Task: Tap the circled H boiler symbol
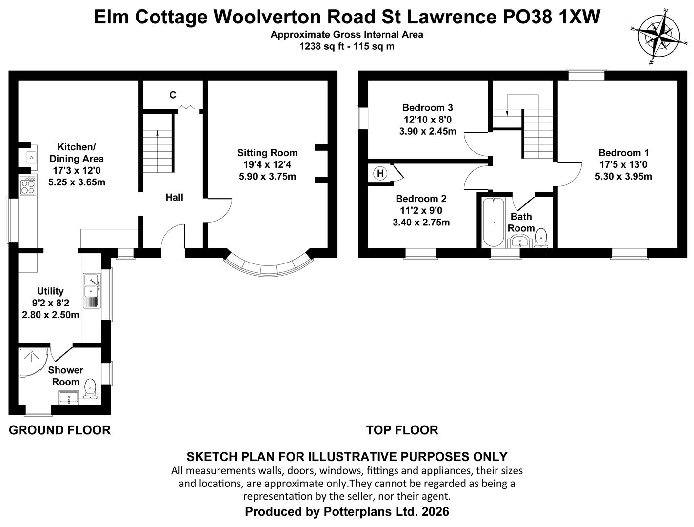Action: click(x=380, y=173)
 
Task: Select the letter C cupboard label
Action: click(x=173, y=95)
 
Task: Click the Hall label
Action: click(x=174, y=198)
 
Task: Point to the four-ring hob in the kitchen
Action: click(x=28, y=186)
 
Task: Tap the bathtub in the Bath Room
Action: click(x=493, y=222)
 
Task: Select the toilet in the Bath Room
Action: click(x=541, y=238)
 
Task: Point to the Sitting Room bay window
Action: click(x=269, y=266)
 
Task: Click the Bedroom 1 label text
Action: click(x=623, y=153)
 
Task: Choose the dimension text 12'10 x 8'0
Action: click(x=427, y=120)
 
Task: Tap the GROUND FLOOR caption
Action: click(x=60, y=430)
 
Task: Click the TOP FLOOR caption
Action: click(x=402, y=430)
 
